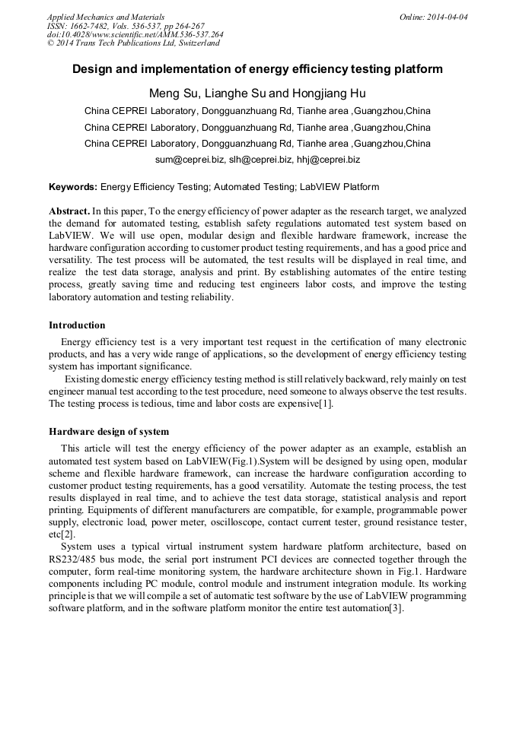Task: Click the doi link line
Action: pyautogui.click(x=135, y=34)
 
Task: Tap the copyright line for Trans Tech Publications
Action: pyautogui.click(x=133, y=43)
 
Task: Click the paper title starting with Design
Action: pyautogui.click(x=257, y=69)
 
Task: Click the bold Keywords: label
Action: pyautogui.click(x=73, y=187)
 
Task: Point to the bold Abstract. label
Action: pyautogui.click(x=70, y=211)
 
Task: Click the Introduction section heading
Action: pyautogui.click(x=77, y=325)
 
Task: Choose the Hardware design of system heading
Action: pyautogui.click(x=109, y=432)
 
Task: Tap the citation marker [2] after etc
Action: pyautogui.click(x=68, y=534)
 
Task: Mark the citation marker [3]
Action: pyautogui.click(x=396, y=607)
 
